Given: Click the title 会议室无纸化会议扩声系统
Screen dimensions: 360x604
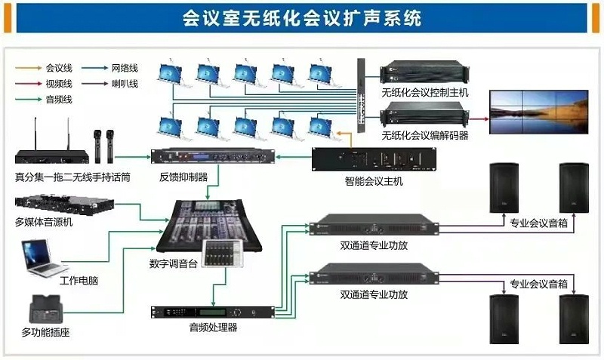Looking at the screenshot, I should tap(301, 17).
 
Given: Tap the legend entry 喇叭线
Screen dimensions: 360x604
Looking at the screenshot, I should tap(125, 83).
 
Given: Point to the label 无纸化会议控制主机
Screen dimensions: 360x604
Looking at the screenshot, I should tap(425, 92).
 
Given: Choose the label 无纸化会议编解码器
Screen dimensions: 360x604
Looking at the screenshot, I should tap(425, 136).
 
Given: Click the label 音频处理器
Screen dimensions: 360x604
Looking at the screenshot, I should tap(213, 328).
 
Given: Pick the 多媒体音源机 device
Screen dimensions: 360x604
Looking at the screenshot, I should tap(64, 205).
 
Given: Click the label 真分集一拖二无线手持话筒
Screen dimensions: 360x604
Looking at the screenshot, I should tap(72, 178).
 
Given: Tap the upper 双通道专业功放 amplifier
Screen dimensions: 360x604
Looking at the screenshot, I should tap(374, 226).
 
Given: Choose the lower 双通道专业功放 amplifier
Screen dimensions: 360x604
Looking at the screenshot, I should tap(374, 272).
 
